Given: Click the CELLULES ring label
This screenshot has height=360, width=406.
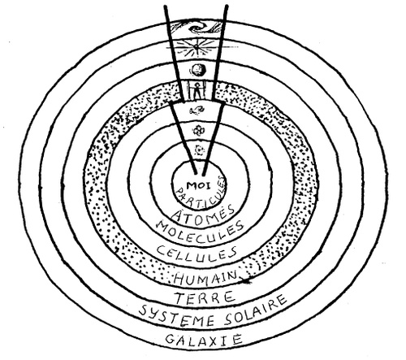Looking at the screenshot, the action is point(197,254).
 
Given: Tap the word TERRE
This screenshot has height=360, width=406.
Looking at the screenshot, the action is point(205,297).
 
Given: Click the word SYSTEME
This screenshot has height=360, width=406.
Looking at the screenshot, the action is point(176,315).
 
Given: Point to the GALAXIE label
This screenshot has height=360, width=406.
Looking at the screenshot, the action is point(204,339).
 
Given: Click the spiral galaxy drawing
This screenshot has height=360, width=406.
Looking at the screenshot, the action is point(197,28).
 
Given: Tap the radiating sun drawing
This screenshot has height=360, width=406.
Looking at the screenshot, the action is point(197,47).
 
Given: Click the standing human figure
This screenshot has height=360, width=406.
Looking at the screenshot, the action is point(197,90).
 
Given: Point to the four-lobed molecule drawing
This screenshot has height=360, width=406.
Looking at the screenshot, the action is point(197,131).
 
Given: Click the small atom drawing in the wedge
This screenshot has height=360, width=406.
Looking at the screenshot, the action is point(200,150).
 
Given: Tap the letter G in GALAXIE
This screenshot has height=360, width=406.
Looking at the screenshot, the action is point(170,339).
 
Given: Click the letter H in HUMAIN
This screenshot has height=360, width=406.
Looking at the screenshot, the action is point(179,279).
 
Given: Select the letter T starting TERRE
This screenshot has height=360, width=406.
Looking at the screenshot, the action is point(181,297).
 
